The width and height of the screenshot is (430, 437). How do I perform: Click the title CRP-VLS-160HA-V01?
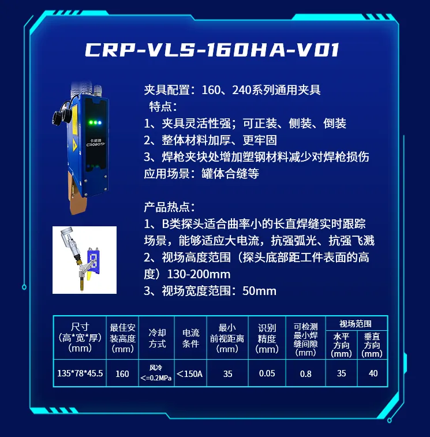point(212,50)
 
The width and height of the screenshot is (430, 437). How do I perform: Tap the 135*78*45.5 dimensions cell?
point(80,373)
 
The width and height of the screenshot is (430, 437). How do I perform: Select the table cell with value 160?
point(122,373)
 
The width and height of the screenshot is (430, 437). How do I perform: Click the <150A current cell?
point(190,373)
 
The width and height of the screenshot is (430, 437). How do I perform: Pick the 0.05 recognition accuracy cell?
point(267,373)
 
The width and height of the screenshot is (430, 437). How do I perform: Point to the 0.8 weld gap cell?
point(305,373)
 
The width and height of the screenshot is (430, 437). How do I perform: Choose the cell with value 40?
point(373,373)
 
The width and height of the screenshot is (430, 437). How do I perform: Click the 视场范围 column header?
point(356,324)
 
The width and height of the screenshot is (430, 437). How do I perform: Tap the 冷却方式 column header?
point(157,338)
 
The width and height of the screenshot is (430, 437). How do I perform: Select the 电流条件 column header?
point(190,338)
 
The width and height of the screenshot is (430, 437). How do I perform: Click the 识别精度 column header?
point(267,338)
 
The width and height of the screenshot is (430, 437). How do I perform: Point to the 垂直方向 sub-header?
point(372,345)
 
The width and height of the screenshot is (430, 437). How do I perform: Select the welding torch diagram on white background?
point(84,260)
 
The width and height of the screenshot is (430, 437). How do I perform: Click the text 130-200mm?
point(199,274)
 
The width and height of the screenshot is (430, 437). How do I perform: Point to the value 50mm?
point(259,291)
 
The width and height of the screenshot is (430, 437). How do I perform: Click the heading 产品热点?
point(169,207)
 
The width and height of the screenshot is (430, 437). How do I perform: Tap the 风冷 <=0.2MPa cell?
point(156,373)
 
